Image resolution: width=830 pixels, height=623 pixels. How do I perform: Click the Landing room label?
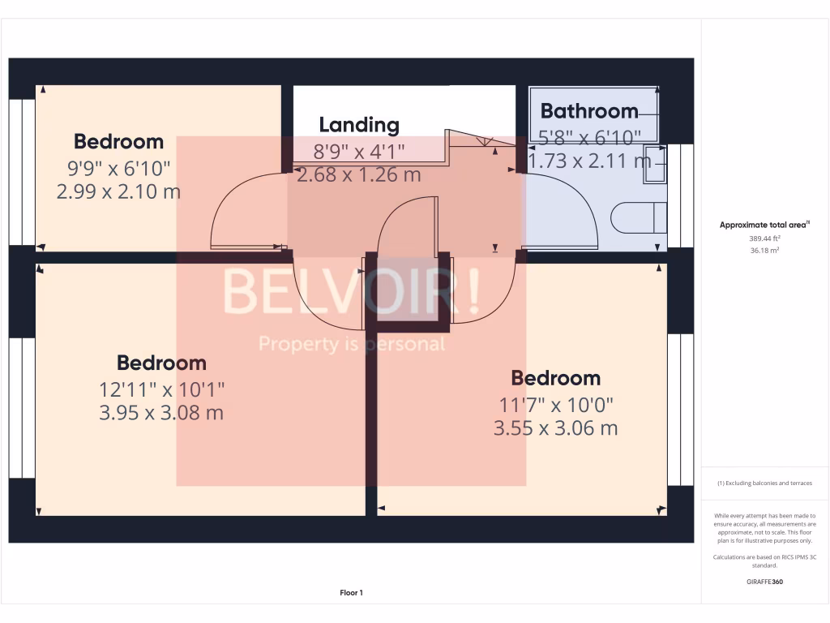coord(359,125)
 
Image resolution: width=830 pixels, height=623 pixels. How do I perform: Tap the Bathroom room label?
coord(589,111)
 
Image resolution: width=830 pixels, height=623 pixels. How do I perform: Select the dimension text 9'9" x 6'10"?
coord(119,168)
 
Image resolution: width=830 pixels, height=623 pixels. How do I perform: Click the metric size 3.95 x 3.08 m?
coord(161,413)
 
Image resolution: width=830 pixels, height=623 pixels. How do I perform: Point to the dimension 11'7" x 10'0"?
coord(555,403)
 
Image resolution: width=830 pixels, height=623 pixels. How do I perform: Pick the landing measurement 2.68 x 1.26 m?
coord(359,174)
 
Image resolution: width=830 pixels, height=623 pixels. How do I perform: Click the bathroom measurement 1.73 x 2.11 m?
coord(589,161)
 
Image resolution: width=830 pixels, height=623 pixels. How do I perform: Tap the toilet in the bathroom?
coord(638,218)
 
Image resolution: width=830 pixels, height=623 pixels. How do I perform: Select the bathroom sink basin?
coord(655,165)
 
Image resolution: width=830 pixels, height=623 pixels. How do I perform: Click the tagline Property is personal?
coord(352,345)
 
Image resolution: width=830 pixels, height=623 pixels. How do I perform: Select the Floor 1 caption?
coord(351,593)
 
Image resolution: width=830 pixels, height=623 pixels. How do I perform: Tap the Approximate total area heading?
coord(764,226)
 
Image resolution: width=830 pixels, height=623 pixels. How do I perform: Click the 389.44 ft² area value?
coord(765,239)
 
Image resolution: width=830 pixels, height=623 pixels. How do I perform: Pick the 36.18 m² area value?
coord(765,251)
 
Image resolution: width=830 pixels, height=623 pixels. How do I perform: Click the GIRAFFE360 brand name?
coord(765,582)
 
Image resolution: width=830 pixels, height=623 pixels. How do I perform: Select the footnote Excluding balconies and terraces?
coord(765,483)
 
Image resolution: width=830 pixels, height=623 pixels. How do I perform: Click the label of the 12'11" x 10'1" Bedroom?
coord(161,363)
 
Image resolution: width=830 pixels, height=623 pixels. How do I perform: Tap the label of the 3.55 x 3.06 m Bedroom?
coord(555,378)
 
